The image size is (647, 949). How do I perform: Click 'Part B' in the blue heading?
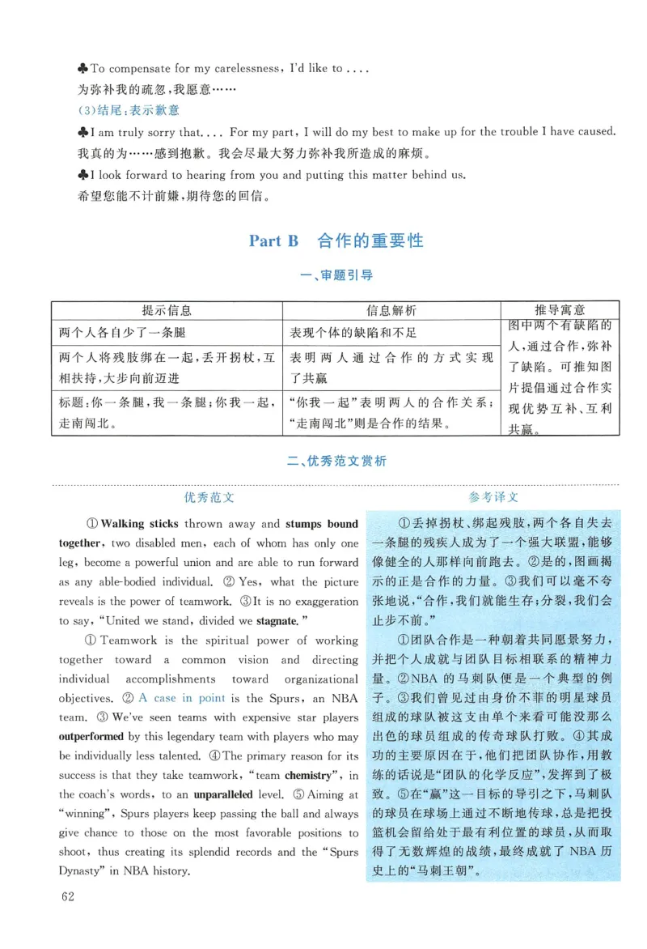click(273, 240)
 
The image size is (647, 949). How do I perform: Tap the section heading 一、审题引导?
click(336, 275)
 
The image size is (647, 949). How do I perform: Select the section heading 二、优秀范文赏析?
click(336, 461)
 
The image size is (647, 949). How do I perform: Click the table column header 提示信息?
click(167, 310)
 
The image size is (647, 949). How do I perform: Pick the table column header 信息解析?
click(391, 310)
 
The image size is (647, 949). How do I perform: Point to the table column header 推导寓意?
click(560, 310)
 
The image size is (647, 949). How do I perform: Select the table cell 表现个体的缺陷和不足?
click(353, 333)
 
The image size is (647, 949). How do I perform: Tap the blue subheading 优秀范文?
click(209, 497)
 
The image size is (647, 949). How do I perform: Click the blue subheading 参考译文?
click(493, 497)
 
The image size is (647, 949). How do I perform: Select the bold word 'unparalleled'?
click(228, 776)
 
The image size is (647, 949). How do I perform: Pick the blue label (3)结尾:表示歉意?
click(129, 110)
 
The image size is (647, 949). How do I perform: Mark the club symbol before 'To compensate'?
click(82, 69)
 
